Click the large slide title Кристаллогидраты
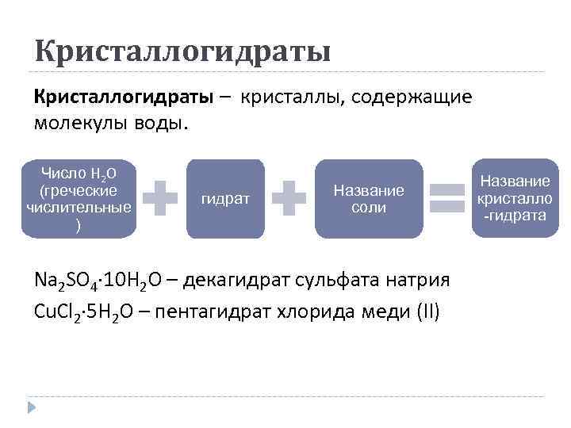coord(182,52)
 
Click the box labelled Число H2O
coord(79,199)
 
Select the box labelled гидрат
coord(225,199)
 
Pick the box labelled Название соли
coord(369,199)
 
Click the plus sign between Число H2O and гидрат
coord(164,198)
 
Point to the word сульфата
coord(331,281)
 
